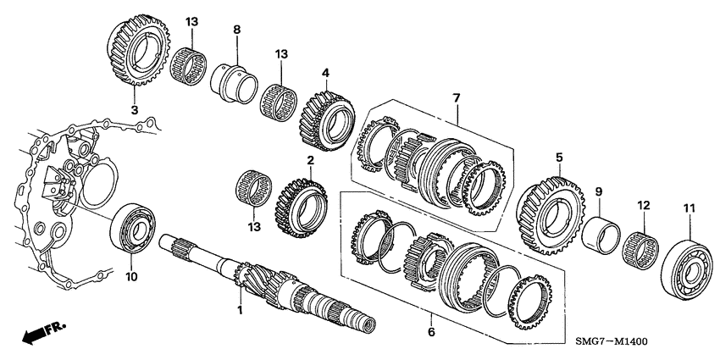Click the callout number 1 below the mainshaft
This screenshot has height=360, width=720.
click(239, 310)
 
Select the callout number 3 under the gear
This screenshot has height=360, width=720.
click(133, 109)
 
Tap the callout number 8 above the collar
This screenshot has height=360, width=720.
click(236, 30)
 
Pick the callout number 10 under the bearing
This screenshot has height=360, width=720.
click(130, 277)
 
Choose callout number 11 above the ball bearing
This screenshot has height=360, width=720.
click(687, 207)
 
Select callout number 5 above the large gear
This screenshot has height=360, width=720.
click(559, 157)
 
